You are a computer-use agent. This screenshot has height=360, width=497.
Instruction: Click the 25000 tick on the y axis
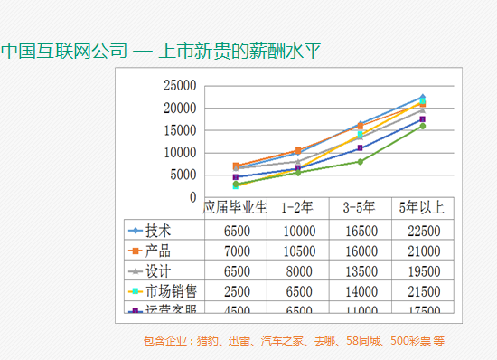pyautogui.click(x=179, y=86)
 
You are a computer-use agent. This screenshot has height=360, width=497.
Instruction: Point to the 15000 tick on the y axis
pyautogui.click(x=179, y=130)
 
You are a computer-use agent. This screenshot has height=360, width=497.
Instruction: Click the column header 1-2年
pyautogui.click(x=297, y=207)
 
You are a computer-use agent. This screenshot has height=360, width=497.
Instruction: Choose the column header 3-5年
pyautogui.click(x=359, y=207)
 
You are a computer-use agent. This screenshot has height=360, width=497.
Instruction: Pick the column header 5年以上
pyautogui.click(x=421, y=207)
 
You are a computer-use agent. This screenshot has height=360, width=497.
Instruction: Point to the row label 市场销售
pyautogui.click(x=171, y=291)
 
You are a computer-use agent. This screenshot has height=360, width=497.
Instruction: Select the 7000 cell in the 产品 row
pyautogui.click(x=235, y=251)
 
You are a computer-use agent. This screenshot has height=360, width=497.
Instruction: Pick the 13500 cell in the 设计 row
pyautogui.click(x=359, y=270)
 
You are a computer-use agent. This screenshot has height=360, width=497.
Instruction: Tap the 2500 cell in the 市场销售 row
pyautogui.click(x=235, y=291)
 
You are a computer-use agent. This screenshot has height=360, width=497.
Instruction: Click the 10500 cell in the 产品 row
pyautogui.click(x=297, y=251)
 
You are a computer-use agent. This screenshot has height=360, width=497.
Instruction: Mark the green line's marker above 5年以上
pyautogui.click(x=422, y=126)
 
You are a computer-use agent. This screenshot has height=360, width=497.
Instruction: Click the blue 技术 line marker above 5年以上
pyautogui.click(x=422, y=97)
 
